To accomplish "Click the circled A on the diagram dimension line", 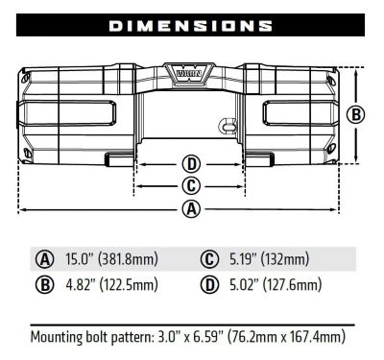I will click(191, 208).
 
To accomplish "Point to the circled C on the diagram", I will click(191, 185).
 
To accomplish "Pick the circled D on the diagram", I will click(191, 163).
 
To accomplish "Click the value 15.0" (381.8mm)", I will click(111, 259).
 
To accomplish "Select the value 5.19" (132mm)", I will click(269, 259).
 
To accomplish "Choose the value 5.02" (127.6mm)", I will click(276, 285).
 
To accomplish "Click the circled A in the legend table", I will click(44, 259).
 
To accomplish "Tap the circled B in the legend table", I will click(44, 285).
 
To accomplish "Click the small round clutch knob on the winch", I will click(228, 124).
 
